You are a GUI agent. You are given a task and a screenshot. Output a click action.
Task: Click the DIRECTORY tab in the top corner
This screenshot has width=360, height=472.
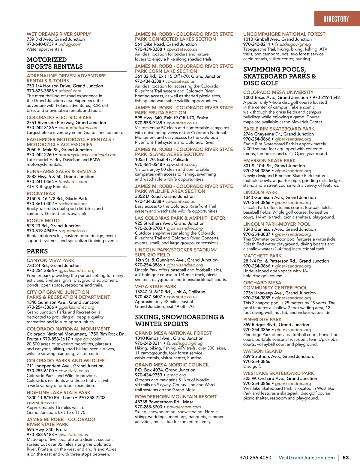336,19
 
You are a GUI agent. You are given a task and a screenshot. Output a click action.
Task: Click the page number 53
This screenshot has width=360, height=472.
346,458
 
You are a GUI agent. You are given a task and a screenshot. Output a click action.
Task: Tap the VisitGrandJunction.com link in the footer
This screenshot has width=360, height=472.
307,458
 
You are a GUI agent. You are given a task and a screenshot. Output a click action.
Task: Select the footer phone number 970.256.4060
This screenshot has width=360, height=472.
255,458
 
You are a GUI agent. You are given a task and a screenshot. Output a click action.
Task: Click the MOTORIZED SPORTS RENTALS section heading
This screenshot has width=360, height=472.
55,63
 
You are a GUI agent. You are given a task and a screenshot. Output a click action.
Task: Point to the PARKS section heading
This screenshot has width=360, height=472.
37,251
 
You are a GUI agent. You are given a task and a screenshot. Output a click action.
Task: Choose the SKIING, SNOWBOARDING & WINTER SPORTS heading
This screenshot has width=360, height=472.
179,320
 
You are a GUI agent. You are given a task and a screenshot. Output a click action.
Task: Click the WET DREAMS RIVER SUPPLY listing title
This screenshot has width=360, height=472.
58,34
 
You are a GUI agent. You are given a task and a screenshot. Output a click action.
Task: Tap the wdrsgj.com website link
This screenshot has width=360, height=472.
70,44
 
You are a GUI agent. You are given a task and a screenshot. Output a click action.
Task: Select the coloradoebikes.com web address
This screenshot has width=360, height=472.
78,128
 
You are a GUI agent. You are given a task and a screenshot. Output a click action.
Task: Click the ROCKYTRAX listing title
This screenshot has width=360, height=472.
41,194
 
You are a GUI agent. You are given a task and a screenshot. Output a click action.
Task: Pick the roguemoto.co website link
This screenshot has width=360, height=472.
73,231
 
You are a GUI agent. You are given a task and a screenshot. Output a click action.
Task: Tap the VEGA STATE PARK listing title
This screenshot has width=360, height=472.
155,287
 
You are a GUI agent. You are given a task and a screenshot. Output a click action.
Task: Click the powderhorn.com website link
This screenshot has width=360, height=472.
184,407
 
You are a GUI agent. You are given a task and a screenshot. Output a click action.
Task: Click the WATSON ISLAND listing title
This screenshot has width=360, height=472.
262,351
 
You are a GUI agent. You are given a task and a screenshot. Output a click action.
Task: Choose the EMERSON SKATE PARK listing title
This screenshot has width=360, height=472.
269,161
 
